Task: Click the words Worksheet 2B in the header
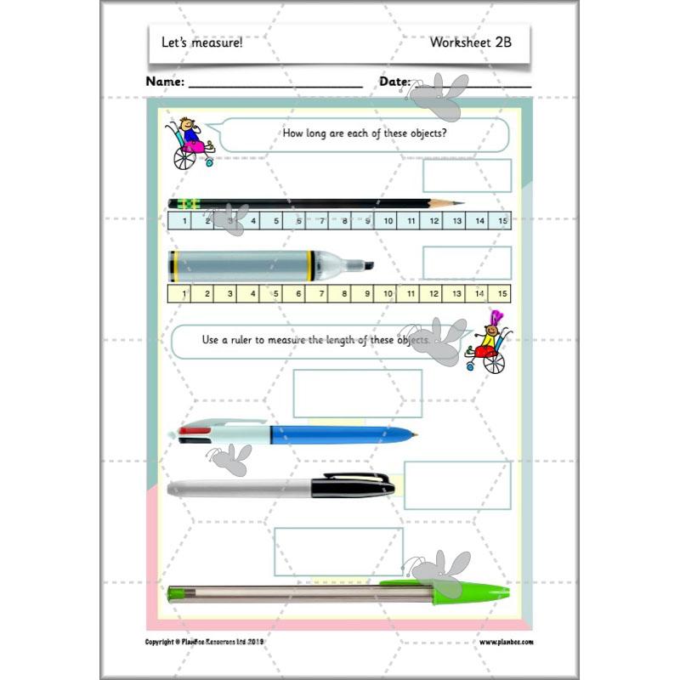pyautogui.click(x=470, y=42)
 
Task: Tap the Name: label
pyautogui.click(x=165, y=82)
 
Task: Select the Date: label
pyautogui.click(x=394, y=82)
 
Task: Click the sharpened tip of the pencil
pyautogui.click(x=459, y=203)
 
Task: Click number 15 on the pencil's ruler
pyautogui.click(x=502, y=221)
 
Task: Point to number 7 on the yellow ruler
pyautogui.click(x=321, y=293)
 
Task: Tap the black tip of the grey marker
pyautogui.click(x=368, y=265)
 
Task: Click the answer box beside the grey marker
pyautogui.click(x=467, y=263)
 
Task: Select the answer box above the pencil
pyautogui.click(x=467, y=176)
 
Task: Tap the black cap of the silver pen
pyautogui.click(x=353, y=485)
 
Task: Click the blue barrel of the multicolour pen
pyautogui.click(x=340, y=435)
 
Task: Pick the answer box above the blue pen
pyautogui.click(x=357, y=394)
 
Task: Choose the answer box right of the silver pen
pyautogui.click(x=456, y=485)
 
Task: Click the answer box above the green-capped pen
pyautogui.click(x=338, y=552)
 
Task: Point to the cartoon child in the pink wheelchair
pyautogui.click(x=192, y=144)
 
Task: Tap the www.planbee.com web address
pyautogui.click(x=512, y=643)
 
